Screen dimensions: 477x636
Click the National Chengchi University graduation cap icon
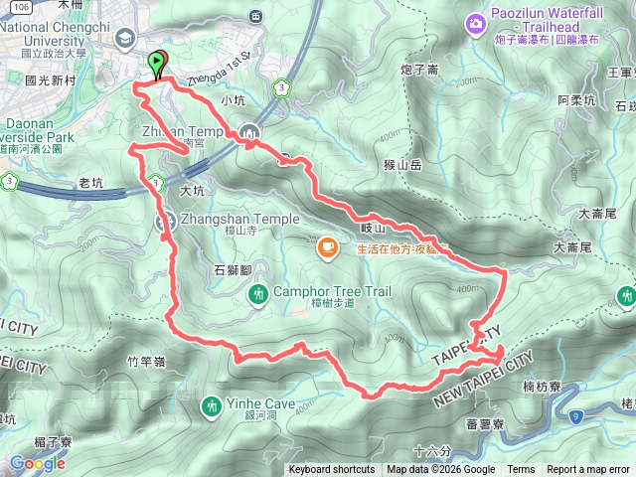click(x=125, y=39)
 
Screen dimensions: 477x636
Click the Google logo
click(x=37, y=463)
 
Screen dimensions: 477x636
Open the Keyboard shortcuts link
click(x=332, y=470)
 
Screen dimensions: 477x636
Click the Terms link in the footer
click(x=521, y=470)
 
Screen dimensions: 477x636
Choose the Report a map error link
click(x=588, y=470)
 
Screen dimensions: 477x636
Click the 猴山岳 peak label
click(x=401, y=166)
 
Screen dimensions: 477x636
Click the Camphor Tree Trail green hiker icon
click(x=258, y=293)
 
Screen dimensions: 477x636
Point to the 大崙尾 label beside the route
click(x=573, y=245)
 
